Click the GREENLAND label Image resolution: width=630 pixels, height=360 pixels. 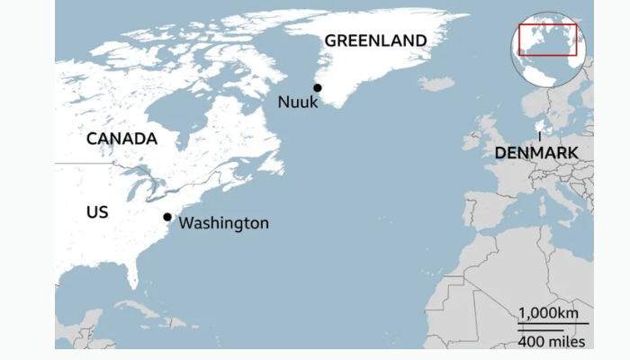click(375, 40)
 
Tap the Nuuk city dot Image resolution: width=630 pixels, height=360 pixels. click(318, 87)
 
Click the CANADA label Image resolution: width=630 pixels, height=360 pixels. click(121, 139)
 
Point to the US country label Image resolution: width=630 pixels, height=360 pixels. click(97, 211)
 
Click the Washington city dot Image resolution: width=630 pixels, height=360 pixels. click(167, 217)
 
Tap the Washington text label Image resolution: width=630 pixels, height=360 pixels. click(224, 222)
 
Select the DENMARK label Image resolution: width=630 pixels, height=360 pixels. click(536, 154)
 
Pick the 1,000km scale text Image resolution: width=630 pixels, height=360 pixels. click(548, 312)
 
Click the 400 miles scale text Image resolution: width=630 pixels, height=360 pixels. click(552, 341)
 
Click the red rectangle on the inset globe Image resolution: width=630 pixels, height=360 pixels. click(547, 40)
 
